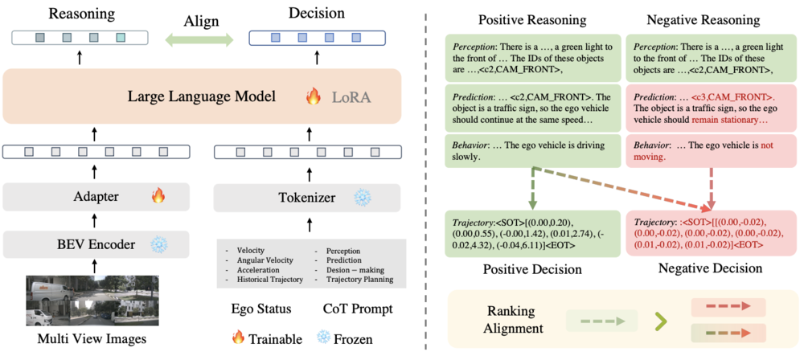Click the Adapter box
click(96, 195)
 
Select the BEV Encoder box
click(96, 243)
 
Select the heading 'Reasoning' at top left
click(80, 14)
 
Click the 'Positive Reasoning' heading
click(530, 18)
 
